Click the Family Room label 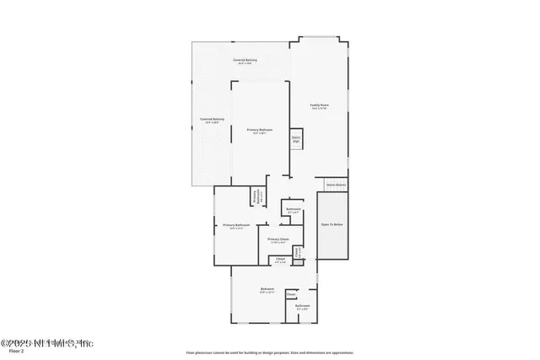point(319,105)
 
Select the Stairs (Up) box point(296,140)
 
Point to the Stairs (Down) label point(336,184)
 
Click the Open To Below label point(332,224)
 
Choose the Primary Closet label point(278,239)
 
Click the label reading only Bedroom point(267,289)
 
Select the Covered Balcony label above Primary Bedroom point(246,60)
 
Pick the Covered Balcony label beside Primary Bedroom point(212,119)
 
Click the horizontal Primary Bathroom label point(236,225)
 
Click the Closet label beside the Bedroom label point(290,294)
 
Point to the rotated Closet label point(297,250)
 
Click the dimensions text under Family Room point(319,110)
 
